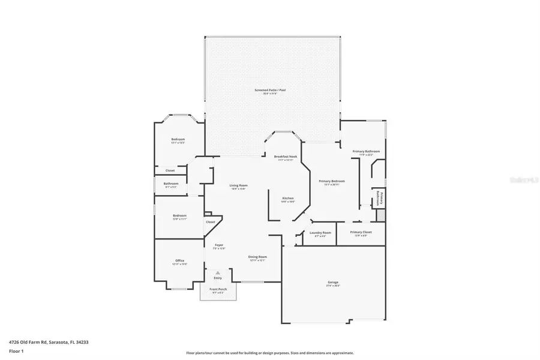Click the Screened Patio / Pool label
[x=274, y=90]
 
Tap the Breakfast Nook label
[x=286, y=157]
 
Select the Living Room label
[x=239, y=185]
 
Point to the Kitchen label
[x=288, y=198]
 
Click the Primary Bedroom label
[x=332, y=181]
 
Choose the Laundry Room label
[x=320, y=233]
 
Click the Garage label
[x=333, y=283]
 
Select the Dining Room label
[x=257, y=257]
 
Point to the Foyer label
[x=219, y=245]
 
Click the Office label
[x=180, y=260]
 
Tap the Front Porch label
[x=218, y=289]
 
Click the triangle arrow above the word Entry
[x=218, y=272]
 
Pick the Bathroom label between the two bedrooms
[x=171, y=184]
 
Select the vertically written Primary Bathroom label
[x=379, y=198]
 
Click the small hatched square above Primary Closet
[x=380, y=214]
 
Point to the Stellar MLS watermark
[x=523, y=179]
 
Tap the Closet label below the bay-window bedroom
[x=170, y=170]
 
